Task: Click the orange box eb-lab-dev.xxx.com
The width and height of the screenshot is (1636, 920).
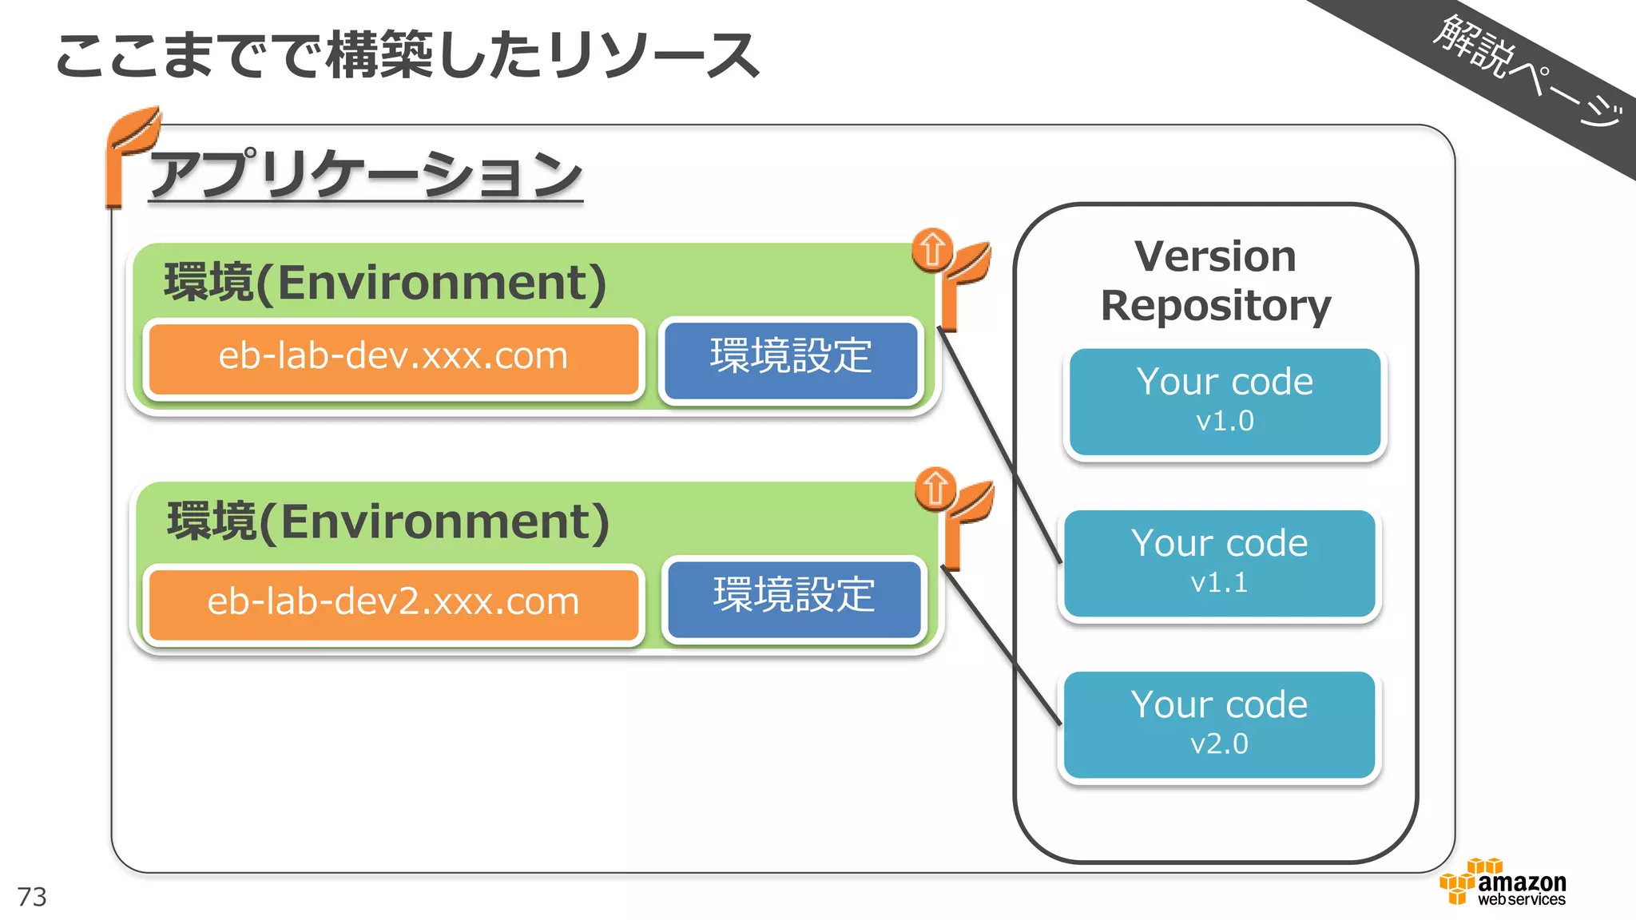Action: click(x=393, y=357)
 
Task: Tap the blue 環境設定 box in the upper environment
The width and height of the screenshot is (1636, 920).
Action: click(x=791, y=358)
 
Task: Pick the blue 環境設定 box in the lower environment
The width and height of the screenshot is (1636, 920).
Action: click(x=794, y=597)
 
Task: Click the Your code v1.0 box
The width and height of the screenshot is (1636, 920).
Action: click(x=1225, y=401)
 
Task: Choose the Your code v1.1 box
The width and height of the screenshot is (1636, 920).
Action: click(x=1219, y=563)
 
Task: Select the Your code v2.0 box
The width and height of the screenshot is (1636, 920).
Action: click(x=1219, y=724)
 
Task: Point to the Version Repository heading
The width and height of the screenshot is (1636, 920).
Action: click(x=1215, y=281)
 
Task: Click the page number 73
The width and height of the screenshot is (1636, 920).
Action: click(x=32, y=897)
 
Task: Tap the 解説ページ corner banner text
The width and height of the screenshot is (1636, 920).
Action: click(x=1526, y=70)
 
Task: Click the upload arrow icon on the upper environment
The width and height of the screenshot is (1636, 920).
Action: click(x=931, y=250)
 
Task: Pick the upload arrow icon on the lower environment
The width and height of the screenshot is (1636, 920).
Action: click(x=935, y=488)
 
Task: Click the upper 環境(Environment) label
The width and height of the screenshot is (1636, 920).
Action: click(x=385, y=283)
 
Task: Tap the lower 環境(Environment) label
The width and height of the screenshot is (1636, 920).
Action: click(x=388, y=522)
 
